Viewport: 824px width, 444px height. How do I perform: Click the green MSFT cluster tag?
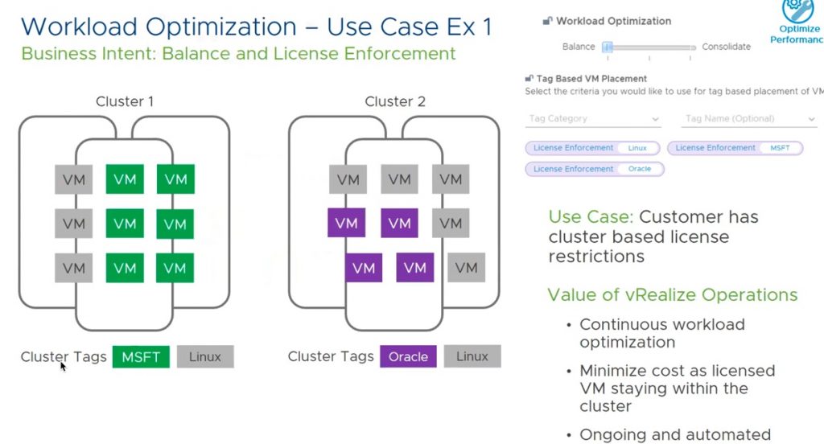coord(141,356)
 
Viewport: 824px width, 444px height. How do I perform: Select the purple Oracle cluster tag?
coord(408,356)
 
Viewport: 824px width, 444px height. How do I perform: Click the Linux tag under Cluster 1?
coord(205,356)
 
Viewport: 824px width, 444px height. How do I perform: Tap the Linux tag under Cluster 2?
coord(472,356)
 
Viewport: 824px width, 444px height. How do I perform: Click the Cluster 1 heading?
coord(125,101)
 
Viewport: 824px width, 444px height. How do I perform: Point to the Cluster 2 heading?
coord(395,101)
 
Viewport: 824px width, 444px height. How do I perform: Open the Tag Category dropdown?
coord(593,119)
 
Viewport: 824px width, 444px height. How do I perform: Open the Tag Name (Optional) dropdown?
coord(749,119)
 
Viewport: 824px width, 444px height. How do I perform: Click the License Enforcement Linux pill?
coord(592,148)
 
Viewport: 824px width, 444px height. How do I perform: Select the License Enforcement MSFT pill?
coord(735,148)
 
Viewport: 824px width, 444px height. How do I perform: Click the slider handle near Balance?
coord(609,47)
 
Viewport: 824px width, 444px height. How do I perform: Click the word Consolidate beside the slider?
coord(726,47)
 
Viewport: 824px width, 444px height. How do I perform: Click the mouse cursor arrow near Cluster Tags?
coord(63,366)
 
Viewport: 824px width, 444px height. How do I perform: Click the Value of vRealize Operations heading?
coord(672,295)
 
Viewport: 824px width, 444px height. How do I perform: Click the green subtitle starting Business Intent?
coord(238,55)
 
